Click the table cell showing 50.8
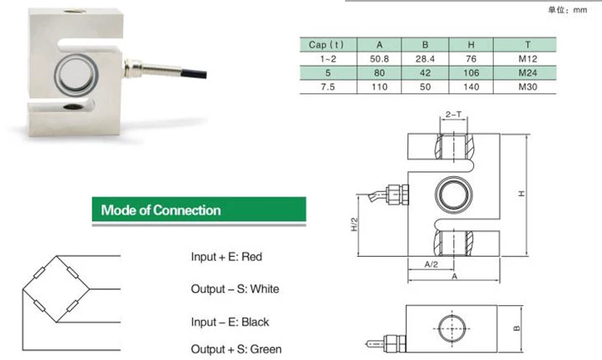(x=380, y=59)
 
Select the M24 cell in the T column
(x=523, y=74)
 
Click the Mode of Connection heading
(x=161, y=210)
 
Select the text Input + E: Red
(x=226, y=257)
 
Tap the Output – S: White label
(x=234, y=289)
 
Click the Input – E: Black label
(x=230, y=322)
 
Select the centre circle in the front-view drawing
(x=454, y=194)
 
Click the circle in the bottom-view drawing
(x=453, y=326)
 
